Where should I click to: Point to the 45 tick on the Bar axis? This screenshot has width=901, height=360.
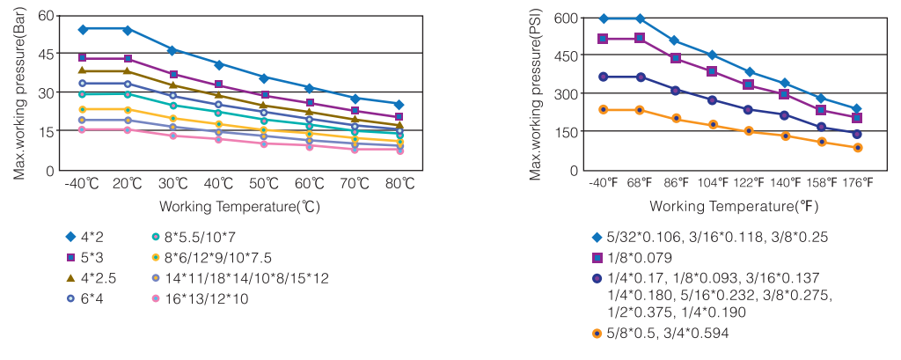coord(44,55)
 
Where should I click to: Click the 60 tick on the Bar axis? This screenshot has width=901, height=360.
coord(44,17)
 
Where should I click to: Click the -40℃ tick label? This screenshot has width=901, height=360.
coord(83,184)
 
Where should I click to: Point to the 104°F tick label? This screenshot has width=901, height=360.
coord(713,184)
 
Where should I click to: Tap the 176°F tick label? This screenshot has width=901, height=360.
coord(857,184)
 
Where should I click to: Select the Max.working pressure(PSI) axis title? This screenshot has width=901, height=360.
coord(535,93)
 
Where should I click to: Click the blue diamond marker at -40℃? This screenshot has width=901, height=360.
coord(83,29)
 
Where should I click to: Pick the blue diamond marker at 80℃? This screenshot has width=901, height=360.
coord(399,105)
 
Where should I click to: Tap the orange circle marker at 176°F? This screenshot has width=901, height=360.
coord(857,148)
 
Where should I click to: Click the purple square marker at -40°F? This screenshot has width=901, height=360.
coord(603,39)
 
